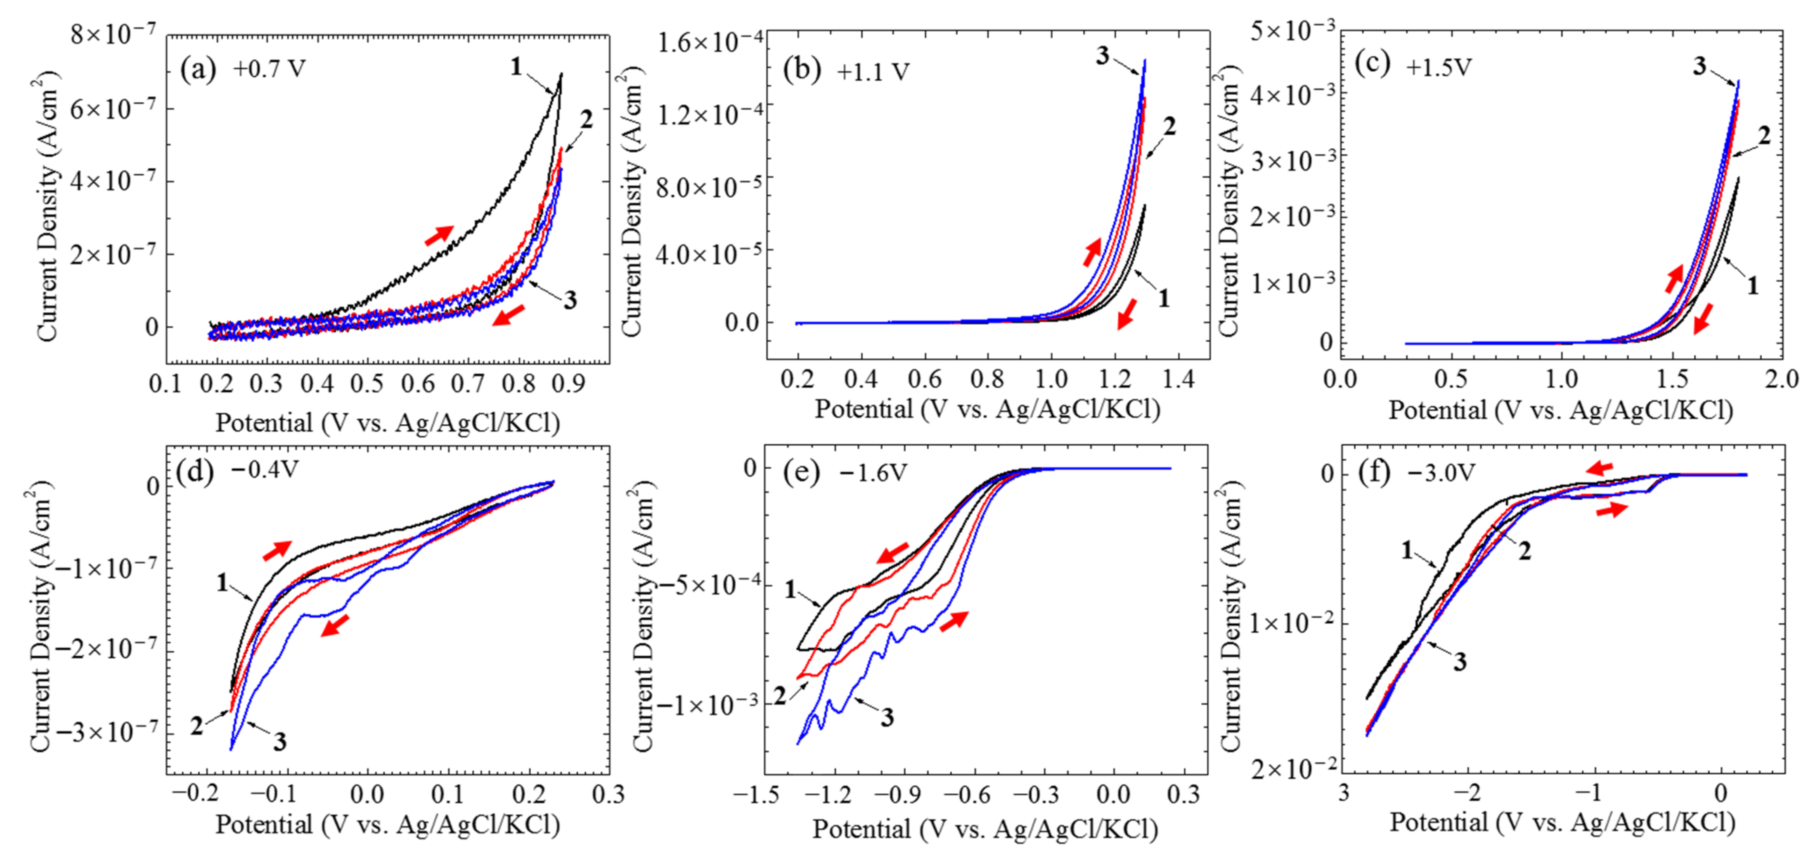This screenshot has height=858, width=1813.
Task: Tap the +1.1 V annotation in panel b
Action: click(x=873, y=72)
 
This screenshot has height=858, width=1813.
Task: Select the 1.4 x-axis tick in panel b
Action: click(x=1177, y=380)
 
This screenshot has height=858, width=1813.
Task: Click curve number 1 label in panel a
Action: click(x=516, y=67)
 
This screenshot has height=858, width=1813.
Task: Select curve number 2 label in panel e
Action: click(x=780, y=696)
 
